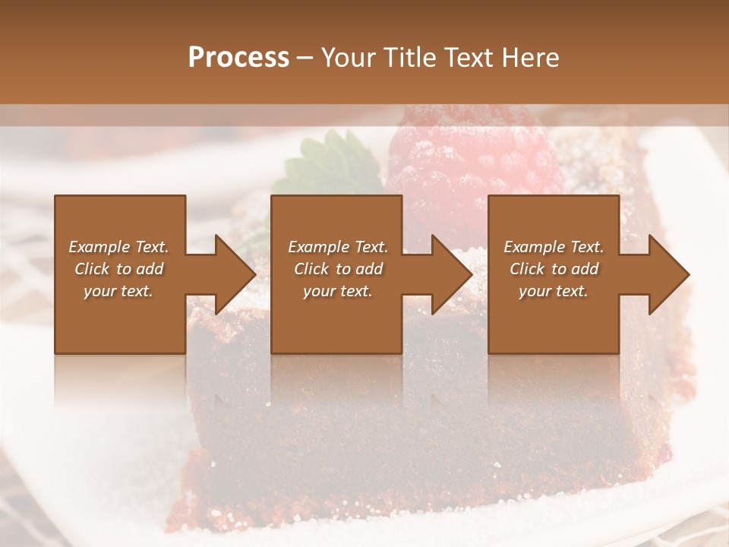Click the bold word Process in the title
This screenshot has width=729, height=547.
(238, 58)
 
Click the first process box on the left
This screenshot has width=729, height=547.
(120, 319)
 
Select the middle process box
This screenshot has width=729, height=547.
(336, 319)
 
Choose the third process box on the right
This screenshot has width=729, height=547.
(553, 319)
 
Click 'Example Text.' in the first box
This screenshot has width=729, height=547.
(118, 247)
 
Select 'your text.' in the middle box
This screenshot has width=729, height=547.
(337, 291)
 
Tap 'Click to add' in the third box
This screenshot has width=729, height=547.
(554, 269)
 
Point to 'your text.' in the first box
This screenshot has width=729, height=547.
(118, 291)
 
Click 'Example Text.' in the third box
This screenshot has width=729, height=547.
(554, 247)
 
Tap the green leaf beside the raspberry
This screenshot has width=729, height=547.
(323, 163)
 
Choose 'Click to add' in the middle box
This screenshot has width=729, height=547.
(338, 269)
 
